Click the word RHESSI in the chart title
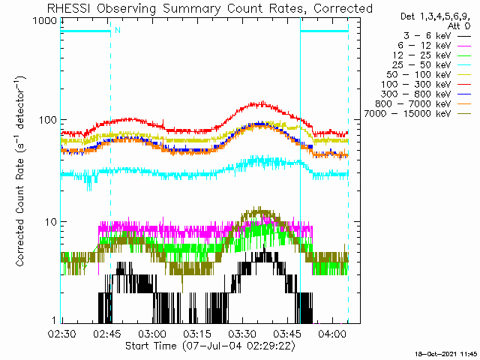click(69, 8)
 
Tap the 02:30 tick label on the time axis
click(61, 333)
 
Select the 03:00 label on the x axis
click(152, 333)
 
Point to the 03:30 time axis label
click(242, 333)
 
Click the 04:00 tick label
click(332, 333)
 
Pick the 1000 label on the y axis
click(45, 21)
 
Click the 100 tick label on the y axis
click(48, 119)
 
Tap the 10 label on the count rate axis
click(52, 222)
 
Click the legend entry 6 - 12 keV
click(424, 46)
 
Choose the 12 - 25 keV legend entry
click(421, 55)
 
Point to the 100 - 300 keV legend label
click(416, 85)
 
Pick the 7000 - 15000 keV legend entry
click(407, 114)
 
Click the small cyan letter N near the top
click(118, 30)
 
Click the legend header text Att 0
click(458, 26)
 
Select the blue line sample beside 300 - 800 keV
click(464, 94)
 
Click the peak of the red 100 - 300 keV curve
click(262, 102)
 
